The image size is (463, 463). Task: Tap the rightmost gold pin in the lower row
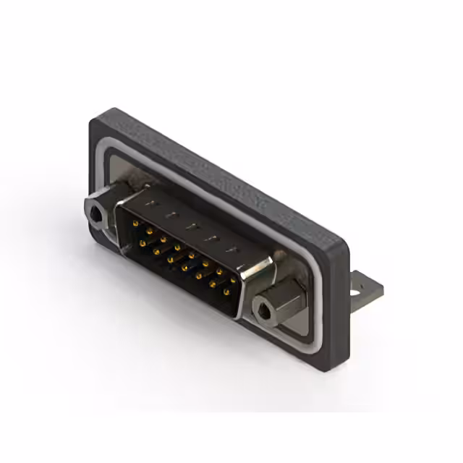click(226, 294)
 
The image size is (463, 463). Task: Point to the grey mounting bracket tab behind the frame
click(364, 286)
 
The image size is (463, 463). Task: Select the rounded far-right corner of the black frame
click(346, 250)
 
